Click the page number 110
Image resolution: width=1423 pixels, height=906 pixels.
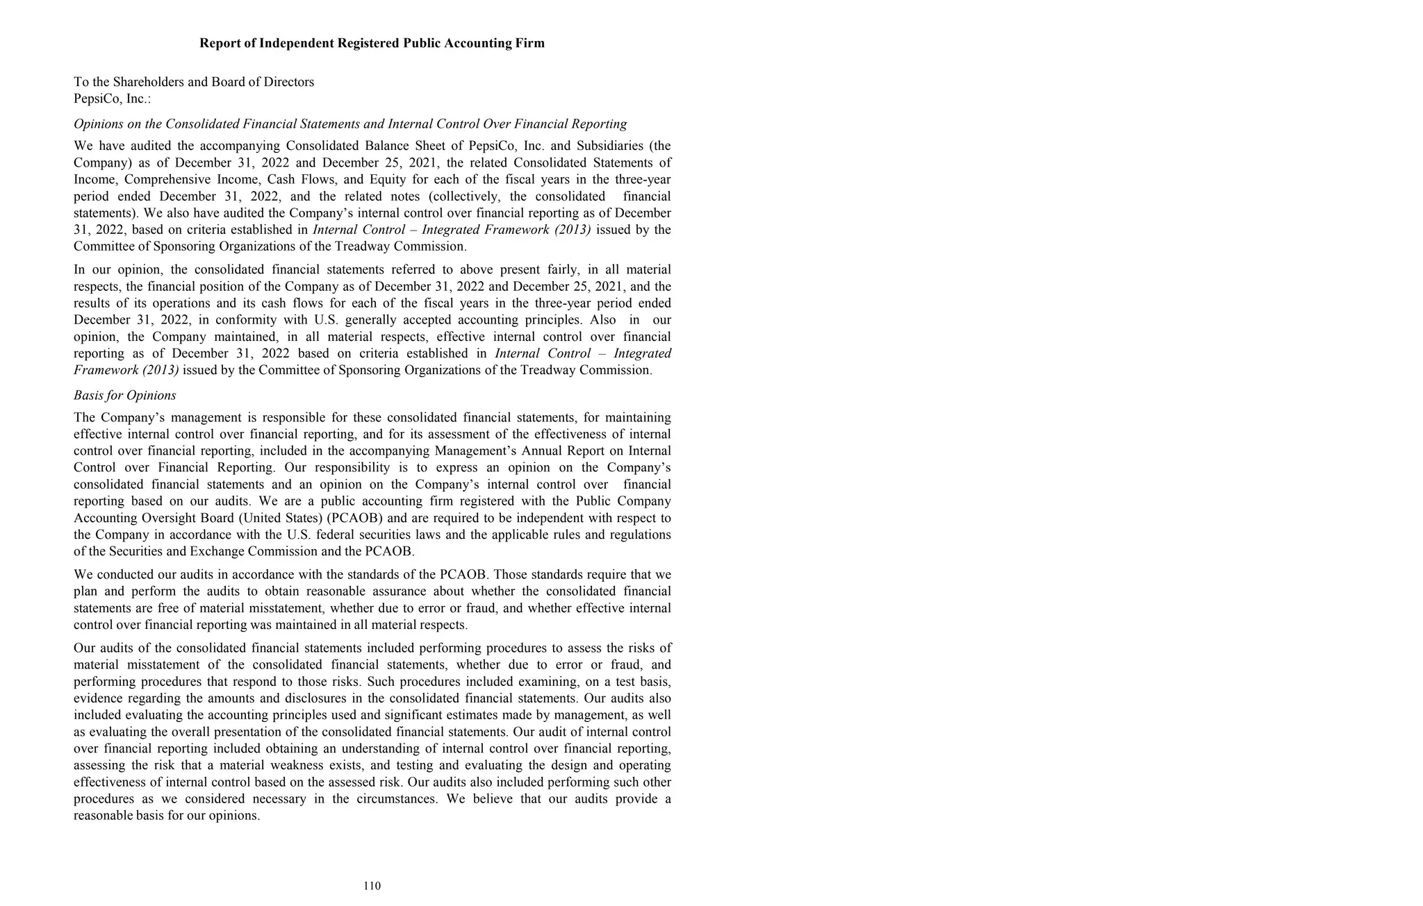372,886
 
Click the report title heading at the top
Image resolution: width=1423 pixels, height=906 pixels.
372,43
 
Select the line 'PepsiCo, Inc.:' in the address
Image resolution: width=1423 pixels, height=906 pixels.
112,99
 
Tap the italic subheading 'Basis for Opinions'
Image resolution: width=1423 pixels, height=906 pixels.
125,395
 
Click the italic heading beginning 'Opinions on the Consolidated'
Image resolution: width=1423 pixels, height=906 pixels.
350,124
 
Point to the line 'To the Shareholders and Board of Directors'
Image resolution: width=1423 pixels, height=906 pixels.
194,82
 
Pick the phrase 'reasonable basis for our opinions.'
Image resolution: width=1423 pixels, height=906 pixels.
167,816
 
